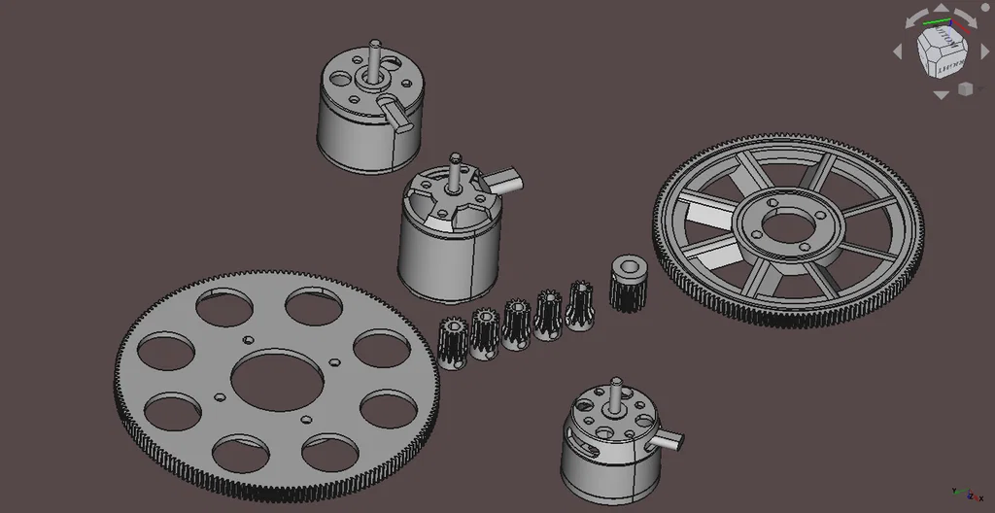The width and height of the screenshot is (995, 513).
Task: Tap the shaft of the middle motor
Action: (x=455, y=170)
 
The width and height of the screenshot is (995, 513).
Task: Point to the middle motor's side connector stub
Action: (x=505, y=179)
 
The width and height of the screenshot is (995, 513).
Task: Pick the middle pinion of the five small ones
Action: (x=516, y=324)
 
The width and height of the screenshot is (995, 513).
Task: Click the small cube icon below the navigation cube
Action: (x=965, y=89)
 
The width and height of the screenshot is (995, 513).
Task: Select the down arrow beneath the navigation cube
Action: (x=941, y=95)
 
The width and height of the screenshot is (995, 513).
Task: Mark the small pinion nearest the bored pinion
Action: (x=580, y=305)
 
